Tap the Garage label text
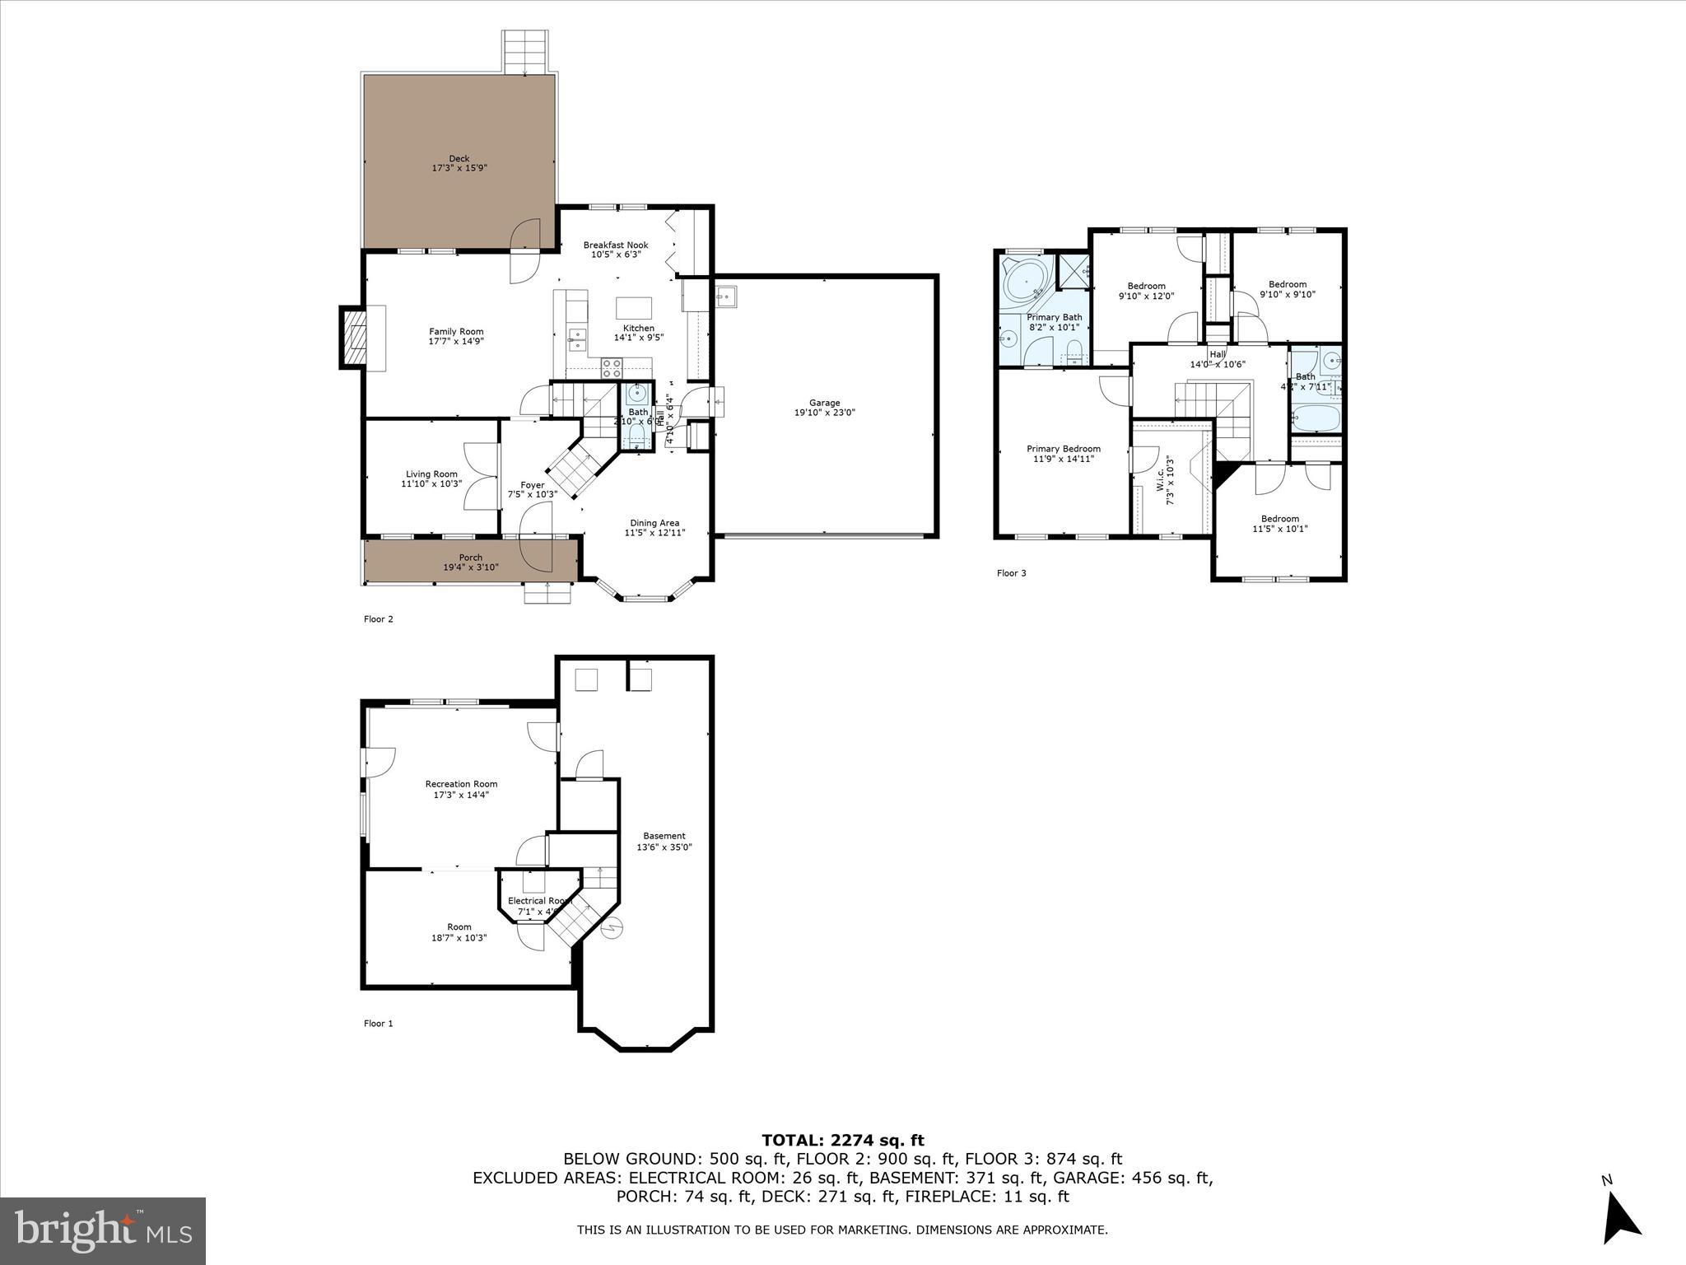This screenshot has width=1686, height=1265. tap(824, 408)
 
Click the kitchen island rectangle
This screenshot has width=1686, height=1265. tap(634, 308)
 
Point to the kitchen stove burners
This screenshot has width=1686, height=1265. tap(611, 367)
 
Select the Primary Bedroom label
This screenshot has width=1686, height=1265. tap(1063, 454)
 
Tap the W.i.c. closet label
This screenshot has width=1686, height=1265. tap(1164, 480)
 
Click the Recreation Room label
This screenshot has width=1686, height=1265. tap(461, 789)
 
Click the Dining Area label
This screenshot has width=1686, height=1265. tap(654, 527)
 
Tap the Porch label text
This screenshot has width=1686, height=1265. tap(471, 562)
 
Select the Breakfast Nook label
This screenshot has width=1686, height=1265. tap(616, 250)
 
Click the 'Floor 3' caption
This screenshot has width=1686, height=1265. tap(1011, 573)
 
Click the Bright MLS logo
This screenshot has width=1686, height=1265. tap(103, 1230)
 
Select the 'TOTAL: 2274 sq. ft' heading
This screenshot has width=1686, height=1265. tap(842, 1140)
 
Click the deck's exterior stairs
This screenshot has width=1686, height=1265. tap(525, 52)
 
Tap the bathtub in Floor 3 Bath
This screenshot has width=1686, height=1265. tap(1315, 418)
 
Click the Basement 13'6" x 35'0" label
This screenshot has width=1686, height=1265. tap(664, 841)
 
